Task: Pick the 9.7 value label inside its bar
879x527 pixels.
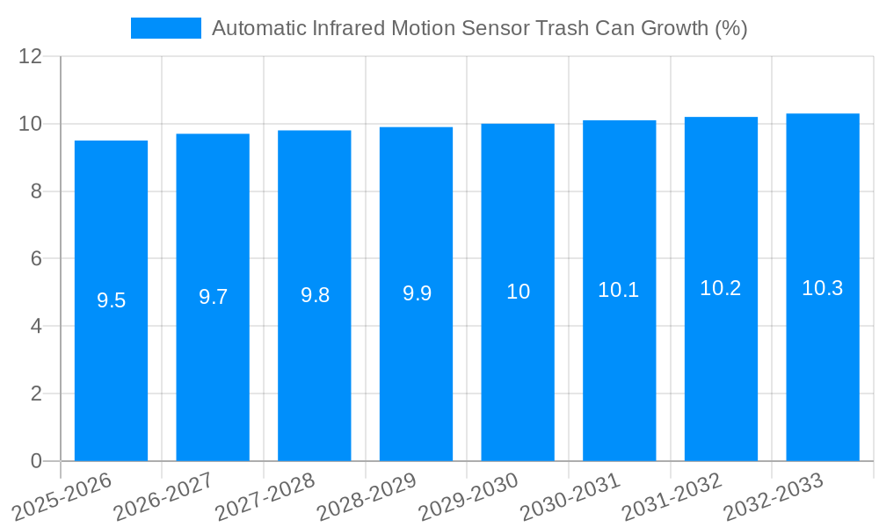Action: tap(213, 297)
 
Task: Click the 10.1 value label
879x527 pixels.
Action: tap(619, 290)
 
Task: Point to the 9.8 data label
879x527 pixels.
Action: tap(315, 295)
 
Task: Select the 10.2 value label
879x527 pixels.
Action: tap(721, 288)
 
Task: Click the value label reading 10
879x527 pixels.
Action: tap(518, 292)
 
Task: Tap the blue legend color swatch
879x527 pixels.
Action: tap(165, 28)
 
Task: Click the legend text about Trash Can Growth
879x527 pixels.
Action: tap(479, 28)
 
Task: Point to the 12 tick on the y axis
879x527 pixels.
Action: tap(31, 56)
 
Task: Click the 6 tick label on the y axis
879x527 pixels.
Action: tap(36, 258)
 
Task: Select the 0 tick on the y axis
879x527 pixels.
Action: tap(36, 461)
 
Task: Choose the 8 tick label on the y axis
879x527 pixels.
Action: tap(36, 191)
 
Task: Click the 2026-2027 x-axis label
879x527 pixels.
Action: tap(163, 496)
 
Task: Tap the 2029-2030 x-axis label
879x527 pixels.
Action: tap(469, 496)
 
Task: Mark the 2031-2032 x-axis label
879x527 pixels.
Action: tap(672, 496)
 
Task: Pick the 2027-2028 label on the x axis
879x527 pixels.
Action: tap(265, 496)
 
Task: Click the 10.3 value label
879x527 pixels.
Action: tap(823, 287)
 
